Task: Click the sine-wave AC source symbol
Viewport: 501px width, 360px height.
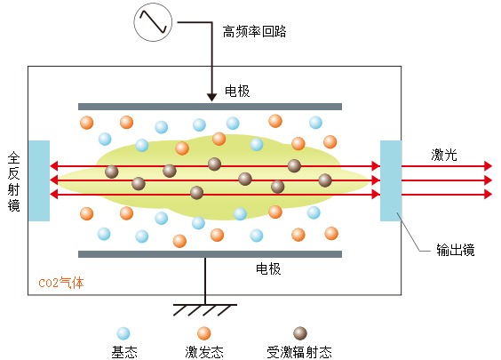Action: tap(153, 22)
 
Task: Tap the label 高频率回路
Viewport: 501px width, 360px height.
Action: tap(254, 32)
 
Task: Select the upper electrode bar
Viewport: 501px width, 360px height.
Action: tap(210, 107)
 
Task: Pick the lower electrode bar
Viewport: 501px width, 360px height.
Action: tap(210, 254)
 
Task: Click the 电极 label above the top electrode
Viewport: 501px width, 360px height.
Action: tap(237, 92)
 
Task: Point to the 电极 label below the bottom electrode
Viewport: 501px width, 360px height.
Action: tap(268, 268)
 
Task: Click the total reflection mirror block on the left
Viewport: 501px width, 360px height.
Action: tap(39, 180)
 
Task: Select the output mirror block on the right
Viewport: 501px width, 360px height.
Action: tap(391, 180)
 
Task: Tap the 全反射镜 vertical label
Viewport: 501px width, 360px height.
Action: tap(13, 181)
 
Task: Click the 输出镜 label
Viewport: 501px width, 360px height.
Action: tap(456, 250)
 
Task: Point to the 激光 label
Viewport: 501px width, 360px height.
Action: tap(444, 155)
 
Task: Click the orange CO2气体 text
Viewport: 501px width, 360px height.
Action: tap(61, 283)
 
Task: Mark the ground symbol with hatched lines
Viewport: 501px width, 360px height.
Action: tap(205, 310)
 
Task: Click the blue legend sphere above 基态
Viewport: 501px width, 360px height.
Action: tap(123, 333)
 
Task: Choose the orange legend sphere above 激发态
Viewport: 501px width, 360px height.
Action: tap(203, 333)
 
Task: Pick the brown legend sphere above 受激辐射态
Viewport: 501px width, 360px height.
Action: tap(300, 333)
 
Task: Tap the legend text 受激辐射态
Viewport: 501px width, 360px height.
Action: tap(299, 352)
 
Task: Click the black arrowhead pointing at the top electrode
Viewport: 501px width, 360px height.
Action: tap(211, 98)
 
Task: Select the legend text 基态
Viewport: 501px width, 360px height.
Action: tap(124, 352)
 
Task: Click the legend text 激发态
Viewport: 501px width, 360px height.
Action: tap(204, 352)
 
